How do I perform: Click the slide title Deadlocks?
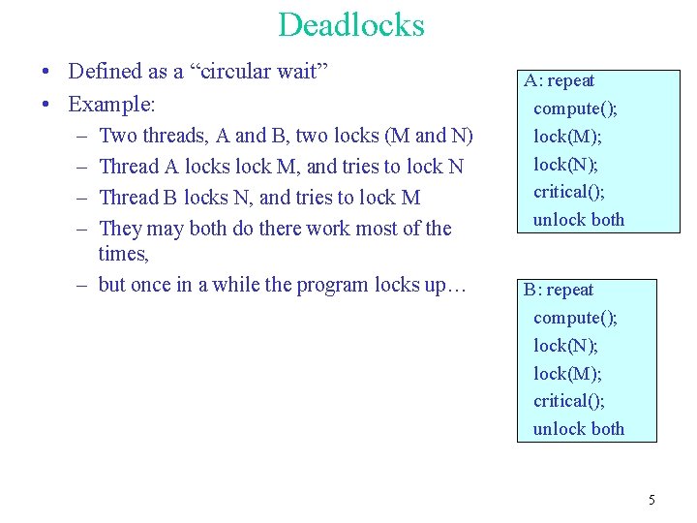coord(350,24)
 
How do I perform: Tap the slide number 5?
coord(652,500)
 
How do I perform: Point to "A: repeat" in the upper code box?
coord(560,81)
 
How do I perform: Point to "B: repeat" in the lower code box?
coord(559,290)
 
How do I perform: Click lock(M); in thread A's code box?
coord(567,137)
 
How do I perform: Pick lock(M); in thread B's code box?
coord(567,373)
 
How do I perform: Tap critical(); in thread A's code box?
coord(569,192)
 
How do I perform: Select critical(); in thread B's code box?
coord(569,400)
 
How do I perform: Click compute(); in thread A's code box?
coord(575,108)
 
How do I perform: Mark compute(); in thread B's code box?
coord(575,318)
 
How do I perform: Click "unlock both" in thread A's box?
coord(579,220)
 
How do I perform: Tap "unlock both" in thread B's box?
coord(579,428)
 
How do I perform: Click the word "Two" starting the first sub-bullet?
coord(118,136)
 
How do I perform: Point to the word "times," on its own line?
coord(124,254)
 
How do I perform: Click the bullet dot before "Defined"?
coord(46,72)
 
